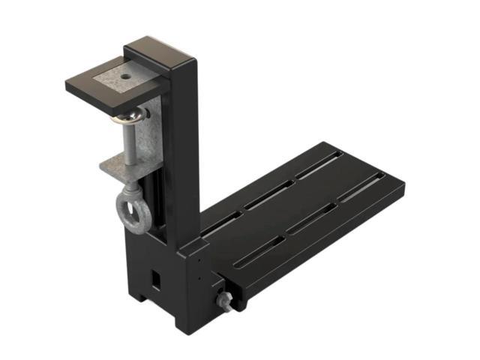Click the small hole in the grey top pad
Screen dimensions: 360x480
(x=121, y=76)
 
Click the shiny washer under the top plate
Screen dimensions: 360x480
(x=127, y=116)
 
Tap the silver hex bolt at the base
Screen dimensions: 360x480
(x=223, y=301)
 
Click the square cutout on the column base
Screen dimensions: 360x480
(x=156, y=277)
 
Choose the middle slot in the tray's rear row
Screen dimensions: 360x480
(x=268, y=194)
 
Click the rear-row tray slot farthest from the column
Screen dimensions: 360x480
(x=319, y=165)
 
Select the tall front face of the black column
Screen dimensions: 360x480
(x=187, y=150)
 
